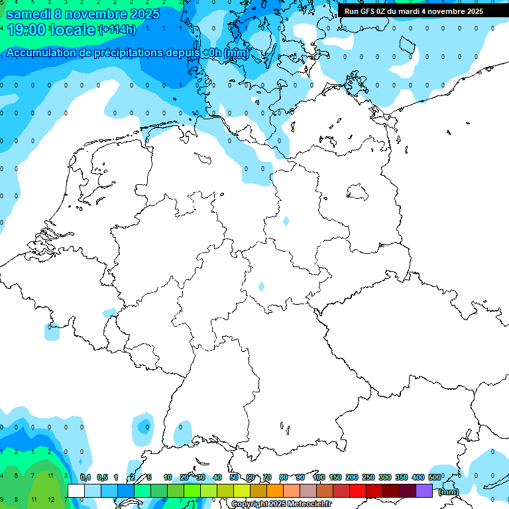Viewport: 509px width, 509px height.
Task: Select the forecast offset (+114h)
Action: click(x=117, y=30)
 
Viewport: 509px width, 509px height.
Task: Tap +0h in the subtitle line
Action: click(x=211, y=53)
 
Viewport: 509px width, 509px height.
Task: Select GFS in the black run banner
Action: click(x=368, y=11)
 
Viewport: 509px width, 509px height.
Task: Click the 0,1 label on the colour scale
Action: click(x=85, y=477)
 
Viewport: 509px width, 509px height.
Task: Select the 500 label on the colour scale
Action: click(x=434, y=477)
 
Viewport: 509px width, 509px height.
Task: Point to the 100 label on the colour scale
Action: click(x=318, y=477)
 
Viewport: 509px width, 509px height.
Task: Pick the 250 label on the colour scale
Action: click(x=368, y=477)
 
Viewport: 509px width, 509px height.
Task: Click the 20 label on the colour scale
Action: click(x=184, y=477)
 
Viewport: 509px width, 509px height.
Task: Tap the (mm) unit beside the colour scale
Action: click(x=449, y=492)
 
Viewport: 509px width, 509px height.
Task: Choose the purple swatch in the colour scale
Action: click(x=424, y=490)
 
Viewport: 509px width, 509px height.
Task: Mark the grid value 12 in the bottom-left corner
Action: click(x=50, y=498)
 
